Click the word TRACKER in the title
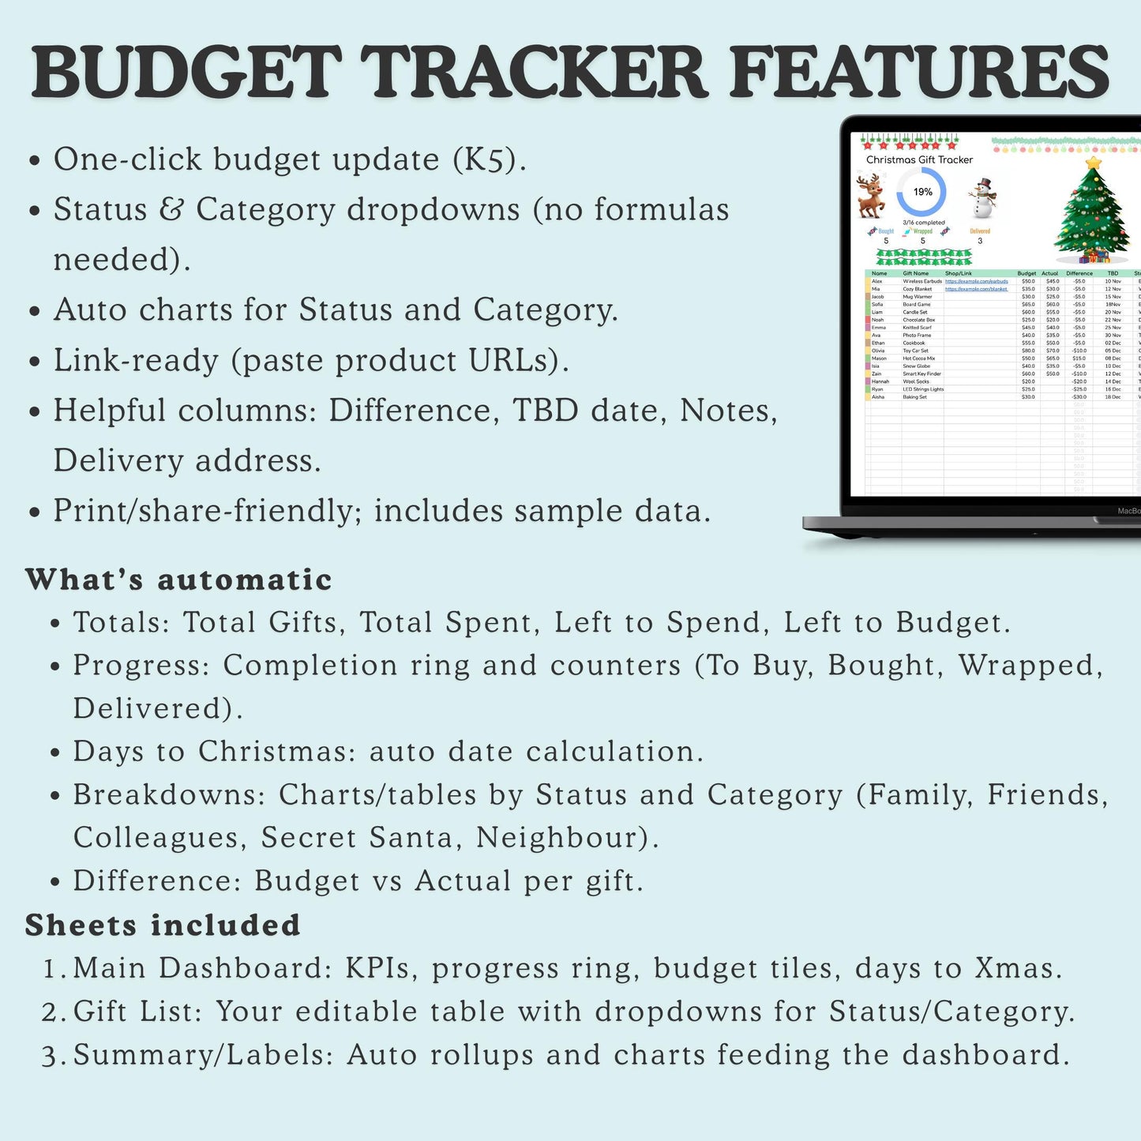pyautogui.click(x=538, y=73)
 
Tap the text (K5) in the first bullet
pyautogui.click(x=489, y=160)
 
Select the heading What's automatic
pyautogui.click(x=178, y=580)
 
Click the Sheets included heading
pyautogui.click(x=163, y=925)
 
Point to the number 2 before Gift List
pyautogui.click(x=50, y=1012)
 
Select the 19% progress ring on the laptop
pyautogui.click(x=922, y=192)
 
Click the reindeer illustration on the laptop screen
pyautogui.click(x=870, y=197)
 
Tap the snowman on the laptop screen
pyautogui.click(x=982, y=197)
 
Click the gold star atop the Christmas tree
pyautogui.click(x=1093, y=163)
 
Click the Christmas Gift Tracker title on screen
pyautogui.click(x=919, y=160)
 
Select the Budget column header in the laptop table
pyautogui.click(x=1027, y=273)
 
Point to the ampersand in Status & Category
pyautogui.click(x=171, y=210)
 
